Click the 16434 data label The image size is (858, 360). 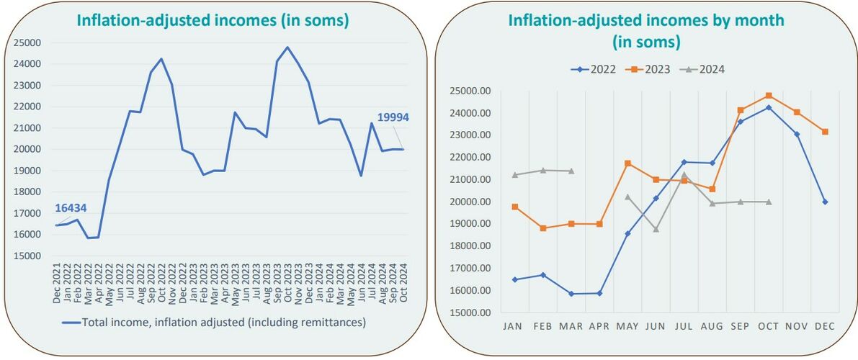tap(71, 208)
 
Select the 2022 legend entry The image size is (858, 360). tap(599, 70)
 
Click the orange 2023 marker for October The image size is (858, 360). tap(769, 96)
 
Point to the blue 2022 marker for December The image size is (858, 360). tap(825, 202)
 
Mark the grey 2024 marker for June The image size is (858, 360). tap(656, 229)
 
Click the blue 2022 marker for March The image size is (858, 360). tap(571, 294)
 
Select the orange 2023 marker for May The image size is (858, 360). tap(627, 163)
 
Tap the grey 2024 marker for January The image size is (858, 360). tap(514, 175)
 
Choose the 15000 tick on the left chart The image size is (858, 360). tap(27, 256)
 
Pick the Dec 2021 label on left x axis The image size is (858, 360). tap(57, 284)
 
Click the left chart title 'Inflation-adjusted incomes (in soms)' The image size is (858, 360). tap(213, 22)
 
